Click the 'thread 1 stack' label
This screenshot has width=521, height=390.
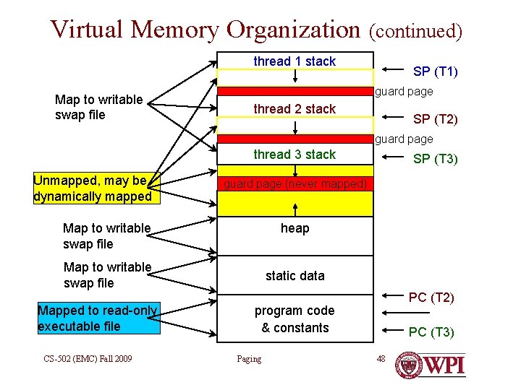pyautogui.click(x=295, y=61)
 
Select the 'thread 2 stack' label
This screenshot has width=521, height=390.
pyautogui.click(x=295, y=109)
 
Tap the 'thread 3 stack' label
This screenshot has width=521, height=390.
pyautogui.click(x=295, y=155)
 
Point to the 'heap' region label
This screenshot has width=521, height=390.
pyautogui.click(x=295, y=229)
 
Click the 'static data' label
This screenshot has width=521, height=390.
pyautogui.click(x=295, y=276)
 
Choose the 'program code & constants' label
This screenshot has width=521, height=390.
pyautogui.click(x=295, y=319)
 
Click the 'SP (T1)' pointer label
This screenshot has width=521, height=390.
pyautogui.click(x=435, y=71)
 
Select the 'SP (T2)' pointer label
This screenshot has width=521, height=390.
pyautogui.click(x=435, y=119)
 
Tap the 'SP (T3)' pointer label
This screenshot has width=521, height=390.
pyautogui.click(x=435, y=159)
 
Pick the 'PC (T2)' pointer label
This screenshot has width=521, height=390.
pyautogui.click(x=431, y=298)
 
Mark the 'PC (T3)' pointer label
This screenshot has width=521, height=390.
pyautogui.click(x=431, y=332)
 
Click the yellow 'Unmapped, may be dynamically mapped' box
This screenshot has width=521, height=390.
pyautogui.click(x=92, y=188)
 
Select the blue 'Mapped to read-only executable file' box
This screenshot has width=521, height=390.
pyautogui.click(x=98, y=318)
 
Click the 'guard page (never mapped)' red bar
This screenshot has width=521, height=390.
pyautogui.click(x=295, y=184)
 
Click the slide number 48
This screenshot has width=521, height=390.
pyautogui.click(x=381, y=359)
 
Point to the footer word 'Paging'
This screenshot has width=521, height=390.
pyautogui.click(x=249, y=359)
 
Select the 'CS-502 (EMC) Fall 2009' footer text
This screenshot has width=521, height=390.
pyautogui.click(x=88, y=359)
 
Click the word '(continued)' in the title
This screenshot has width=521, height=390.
pyautogui.click(x=415, y=31)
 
